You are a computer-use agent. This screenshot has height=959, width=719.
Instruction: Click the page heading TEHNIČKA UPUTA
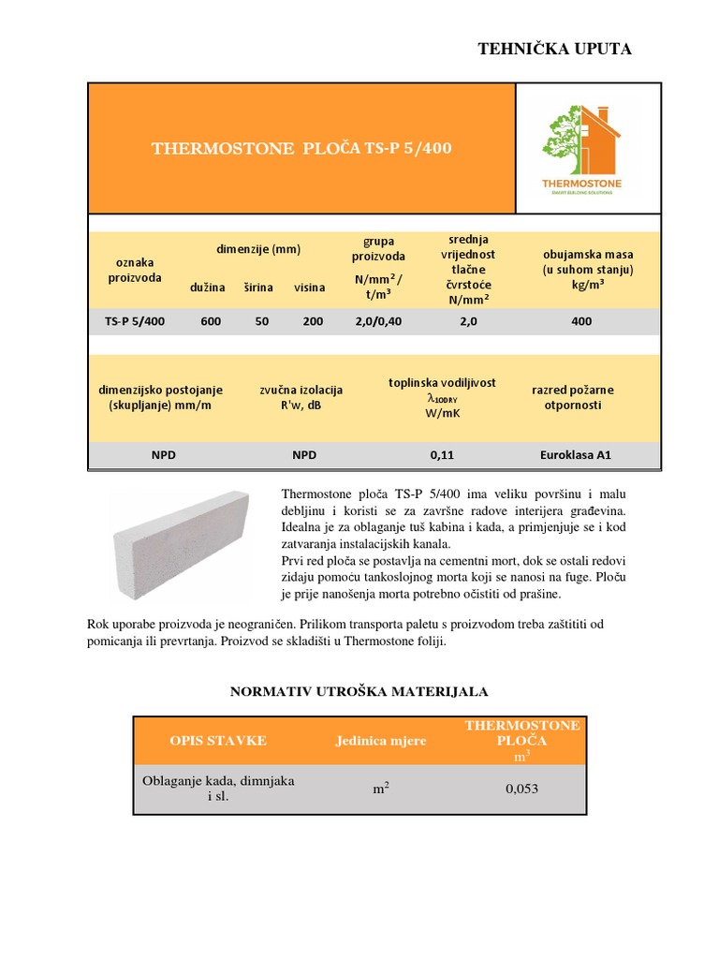[x=555, y=49]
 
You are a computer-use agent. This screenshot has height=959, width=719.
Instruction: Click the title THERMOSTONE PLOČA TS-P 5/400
[x=301, y=148]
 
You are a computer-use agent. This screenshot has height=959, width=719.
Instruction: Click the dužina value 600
[x=211, y=321]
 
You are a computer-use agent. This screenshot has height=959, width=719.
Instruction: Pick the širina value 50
[x=261, y=321]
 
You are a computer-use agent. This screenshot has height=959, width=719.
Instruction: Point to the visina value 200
[x=312, y=321]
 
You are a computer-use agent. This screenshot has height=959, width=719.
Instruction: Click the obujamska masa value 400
[x=581, y=321]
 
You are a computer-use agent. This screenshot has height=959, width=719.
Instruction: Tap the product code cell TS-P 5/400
[x=135, y=321]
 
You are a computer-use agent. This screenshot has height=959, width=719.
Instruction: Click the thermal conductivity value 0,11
[x=441, y=455]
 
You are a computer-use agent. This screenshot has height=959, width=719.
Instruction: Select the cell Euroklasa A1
[x=575, y=455]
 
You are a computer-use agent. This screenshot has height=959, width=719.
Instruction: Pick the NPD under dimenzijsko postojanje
[x=164, y=455]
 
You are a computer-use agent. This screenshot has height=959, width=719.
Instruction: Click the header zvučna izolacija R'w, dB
[x=301, y=397]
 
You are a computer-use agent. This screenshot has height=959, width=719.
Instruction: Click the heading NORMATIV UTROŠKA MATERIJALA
[x=359, y=691]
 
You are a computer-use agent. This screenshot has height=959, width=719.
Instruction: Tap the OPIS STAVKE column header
[x=218, y=740]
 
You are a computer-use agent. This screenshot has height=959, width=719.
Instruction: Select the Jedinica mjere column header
[x=381, y=741]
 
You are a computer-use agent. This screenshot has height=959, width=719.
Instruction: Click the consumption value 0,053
[x=521, y=789]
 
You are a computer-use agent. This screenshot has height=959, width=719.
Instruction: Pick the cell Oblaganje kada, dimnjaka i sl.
[x=218, y=789]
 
